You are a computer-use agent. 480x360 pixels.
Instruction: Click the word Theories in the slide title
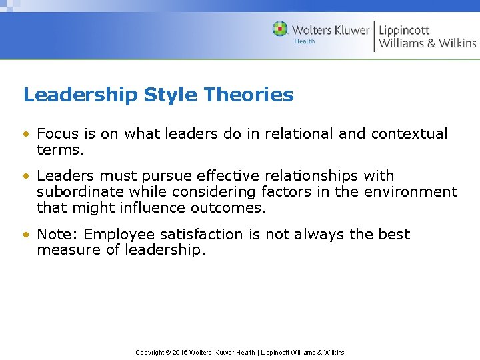(x=249, y=95)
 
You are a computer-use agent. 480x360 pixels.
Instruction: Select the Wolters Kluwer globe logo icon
(x=280, y=29)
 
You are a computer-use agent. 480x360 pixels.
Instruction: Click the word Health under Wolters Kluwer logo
(x=305, y=41)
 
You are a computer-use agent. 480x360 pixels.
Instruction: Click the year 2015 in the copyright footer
(x=180, y=352)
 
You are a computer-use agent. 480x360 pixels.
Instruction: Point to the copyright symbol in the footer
(x=168, y=352)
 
